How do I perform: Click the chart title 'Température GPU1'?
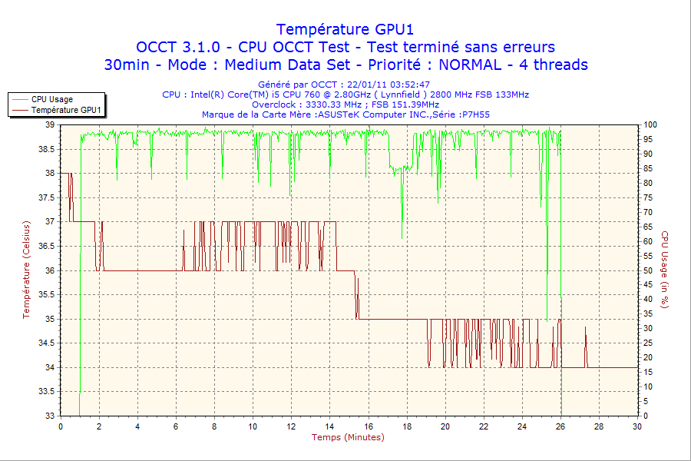coord(345,29)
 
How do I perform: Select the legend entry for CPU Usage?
coord(52,99)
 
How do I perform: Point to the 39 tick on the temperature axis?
coord(50,124)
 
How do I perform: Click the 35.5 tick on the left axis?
coord(45,294)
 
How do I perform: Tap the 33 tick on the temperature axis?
coord(50,416)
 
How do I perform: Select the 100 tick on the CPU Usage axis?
coord(650,124)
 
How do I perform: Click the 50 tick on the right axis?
coord(648,270)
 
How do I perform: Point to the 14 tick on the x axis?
coord(330,427)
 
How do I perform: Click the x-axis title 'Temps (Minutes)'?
coord(348,438)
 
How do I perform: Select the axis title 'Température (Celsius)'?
coord(26,270)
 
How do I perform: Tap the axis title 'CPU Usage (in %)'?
coord(665,270)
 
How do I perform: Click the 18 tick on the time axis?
coord(407,427)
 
